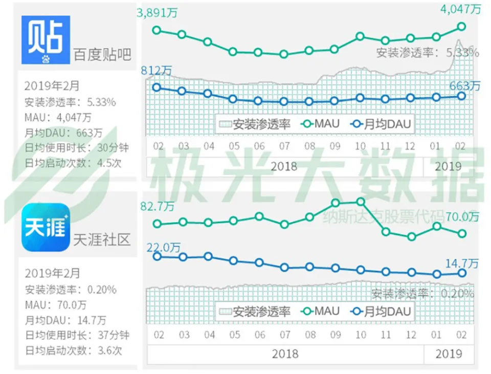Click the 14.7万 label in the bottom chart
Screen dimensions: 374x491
[461, 263]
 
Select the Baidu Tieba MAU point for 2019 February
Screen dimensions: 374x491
[461, 26]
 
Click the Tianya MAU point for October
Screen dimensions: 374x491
[360, 202]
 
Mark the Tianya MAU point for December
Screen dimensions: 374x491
[411, 237]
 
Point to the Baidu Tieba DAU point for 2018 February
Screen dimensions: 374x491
[157, 87]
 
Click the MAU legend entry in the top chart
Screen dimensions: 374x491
[320, 123]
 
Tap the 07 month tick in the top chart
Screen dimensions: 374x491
[284, 146]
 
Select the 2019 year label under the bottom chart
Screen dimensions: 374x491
[449, 354]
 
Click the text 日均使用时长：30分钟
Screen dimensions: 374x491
[76, 148]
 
